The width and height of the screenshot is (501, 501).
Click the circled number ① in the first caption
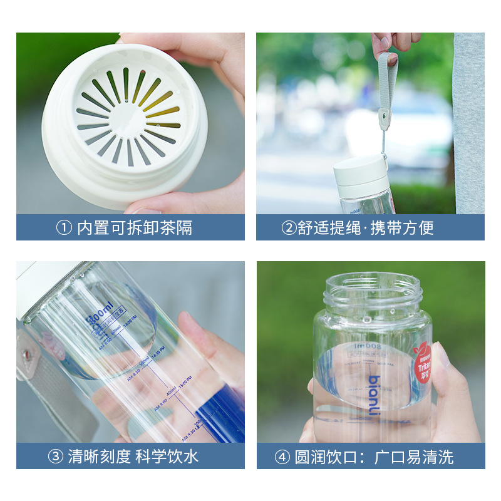click(x=64, y=228)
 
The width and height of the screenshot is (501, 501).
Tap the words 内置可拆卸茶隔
click(x=135, y=228)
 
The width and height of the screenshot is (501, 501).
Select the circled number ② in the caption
click(x=289, y=228)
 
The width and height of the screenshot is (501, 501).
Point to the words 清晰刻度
click(x=101, y=456)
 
